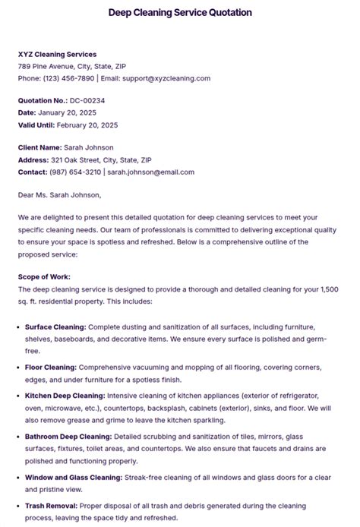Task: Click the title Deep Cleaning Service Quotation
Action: click(x=180, y=13)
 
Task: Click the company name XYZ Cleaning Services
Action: click(x=58, y=55)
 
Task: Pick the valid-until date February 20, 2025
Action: click(x=88, y=125)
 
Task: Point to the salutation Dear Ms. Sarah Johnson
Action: click(x=59, y=194)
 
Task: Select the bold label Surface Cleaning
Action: click(x=55, y=327)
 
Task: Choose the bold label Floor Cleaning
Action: click(x=50, y=367)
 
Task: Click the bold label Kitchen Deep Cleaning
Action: click(x=65, y=396)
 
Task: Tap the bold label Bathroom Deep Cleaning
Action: click(x=68, y=437)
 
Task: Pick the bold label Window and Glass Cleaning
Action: click(x=73, y=477)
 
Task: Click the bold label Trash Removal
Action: click(x=49, y=506)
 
